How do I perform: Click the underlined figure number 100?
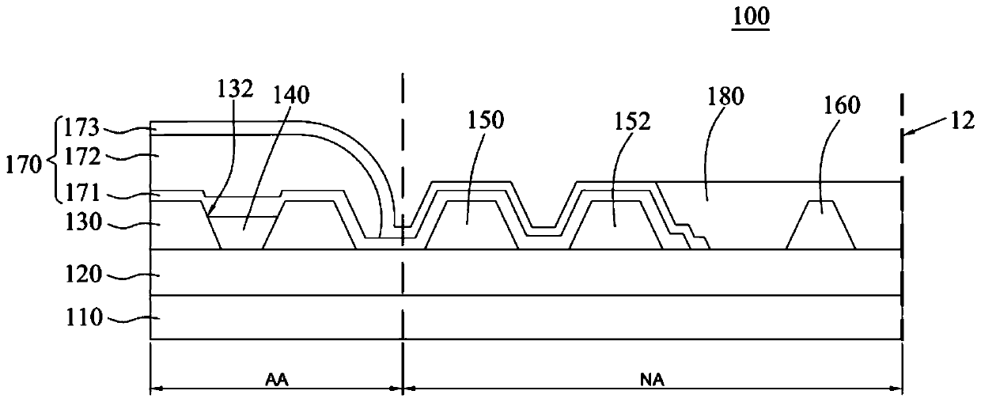click(x=751, y=17)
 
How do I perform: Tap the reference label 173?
click(x=82, y=128)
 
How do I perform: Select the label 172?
click(x=82, y=157)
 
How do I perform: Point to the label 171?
click(x=82, y=192)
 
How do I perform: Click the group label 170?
click(x=24, y=165)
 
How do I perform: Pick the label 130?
click(x=84, y=222)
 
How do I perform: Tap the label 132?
click(x=235, y=89)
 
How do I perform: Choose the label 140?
click(x=291, y=95)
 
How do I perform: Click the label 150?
click(x=486, y=120)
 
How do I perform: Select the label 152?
click(x=632, y=121)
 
